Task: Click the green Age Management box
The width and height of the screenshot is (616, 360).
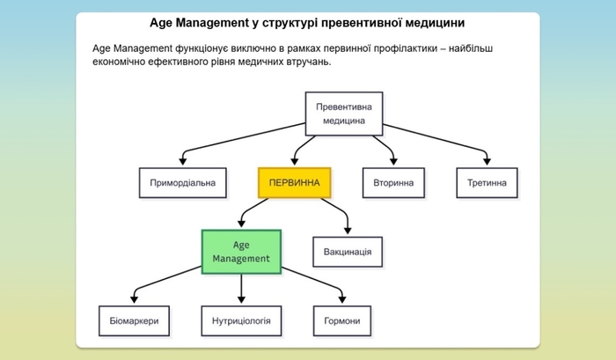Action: pos(241,251)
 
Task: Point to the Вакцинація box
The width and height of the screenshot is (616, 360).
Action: pos(348,252)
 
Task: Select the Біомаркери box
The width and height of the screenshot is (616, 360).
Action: pos(134,320)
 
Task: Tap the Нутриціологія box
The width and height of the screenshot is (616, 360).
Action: pos(241,320)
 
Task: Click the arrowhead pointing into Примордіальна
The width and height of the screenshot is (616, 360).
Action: pos(183,163)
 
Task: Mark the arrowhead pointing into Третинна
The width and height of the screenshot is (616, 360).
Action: pos(487,163)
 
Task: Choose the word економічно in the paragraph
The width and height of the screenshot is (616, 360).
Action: pos(121,62)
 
